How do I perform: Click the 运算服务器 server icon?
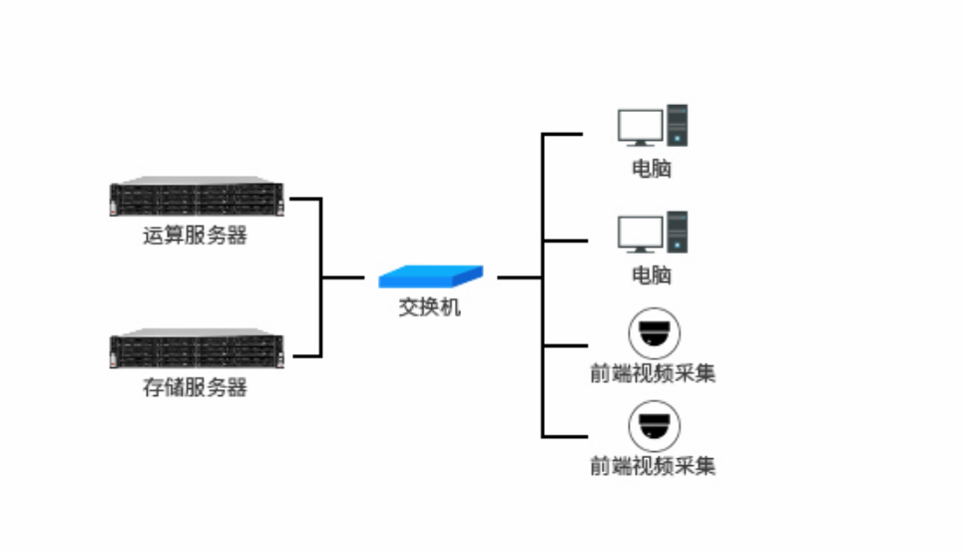[x=197, y=198]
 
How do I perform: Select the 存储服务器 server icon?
[x=197, y=349]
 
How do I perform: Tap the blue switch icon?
[x=431, y=275]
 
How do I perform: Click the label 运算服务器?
[x=196, y=237]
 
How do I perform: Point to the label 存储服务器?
[x=196, y=387]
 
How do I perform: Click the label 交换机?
[x=430, y=307]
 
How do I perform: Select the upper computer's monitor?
[x=640, y=128]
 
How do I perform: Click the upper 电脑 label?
[x=652, y=168]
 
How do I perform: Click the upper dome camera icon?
[x=654, y=332]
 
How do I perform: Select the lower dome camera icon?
[x=654, y=425]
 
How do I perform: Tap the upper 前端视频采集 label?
[x=653, y=373]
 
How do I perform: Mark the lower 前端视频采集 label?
[x=653, y=465]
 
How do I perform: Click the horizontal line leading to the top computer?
[x=564, y=133]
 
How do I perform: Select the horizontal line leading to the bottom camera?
[x=564, y=436]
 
